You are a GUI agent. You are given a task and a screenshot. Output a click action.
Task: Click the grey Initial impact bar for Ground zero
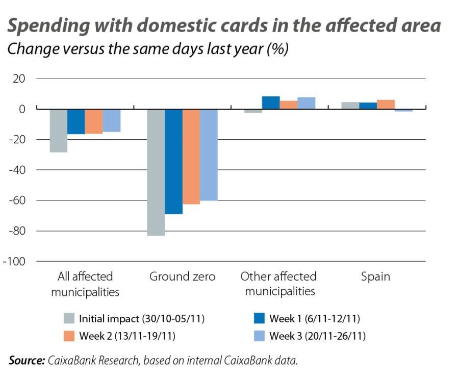coord(156,172)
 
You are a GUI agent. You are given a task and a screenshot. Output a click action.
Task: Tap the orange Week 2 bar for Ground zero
coord(191,156)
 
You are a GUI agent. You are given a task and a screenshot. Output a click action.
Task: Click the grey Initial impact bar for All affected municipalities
coord(59,131)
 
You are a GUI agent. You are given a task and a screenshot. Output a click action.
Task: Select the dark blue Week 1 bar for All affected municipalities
coord(76,121)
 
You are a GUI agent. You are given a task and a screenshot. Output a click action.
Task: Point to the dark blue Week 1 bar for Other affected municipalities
coord(271,103)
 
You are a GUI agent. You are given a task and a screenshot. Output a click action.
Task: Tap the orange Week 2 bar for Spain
coord(386,104)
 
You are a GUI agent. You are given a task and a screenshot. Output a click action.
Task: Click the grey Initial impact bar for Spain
coord(350,105)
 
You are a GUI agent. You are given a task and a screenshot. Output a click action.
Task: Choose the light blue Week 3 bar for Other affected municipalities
coord(307,103)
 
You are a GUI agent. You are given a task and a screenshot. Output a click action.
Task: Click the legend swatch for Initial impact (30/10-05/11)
coord(70,319)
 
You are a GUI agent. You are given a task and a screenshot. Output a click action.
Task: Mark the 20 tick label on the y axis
coord(19,79)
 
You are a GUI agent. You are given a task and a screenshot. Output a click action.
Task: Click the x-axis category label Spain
coord(375,276)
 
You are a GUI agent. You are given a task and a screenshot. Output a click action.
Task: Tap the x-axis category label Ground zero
coord(182,276)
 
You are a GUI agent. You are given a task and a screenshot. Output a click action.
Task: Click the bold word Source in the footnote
coord(27,360)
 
